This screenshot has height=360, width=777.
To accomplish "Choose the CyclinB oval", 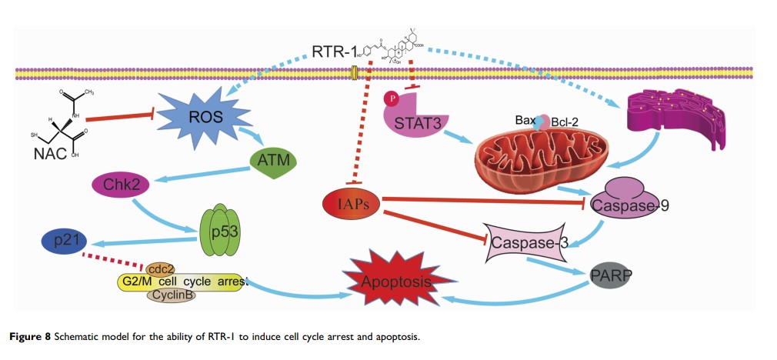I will click(x=170, y=295).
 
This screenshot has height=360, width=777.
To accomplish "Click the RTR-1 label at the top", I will click(x=335, y=52).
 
